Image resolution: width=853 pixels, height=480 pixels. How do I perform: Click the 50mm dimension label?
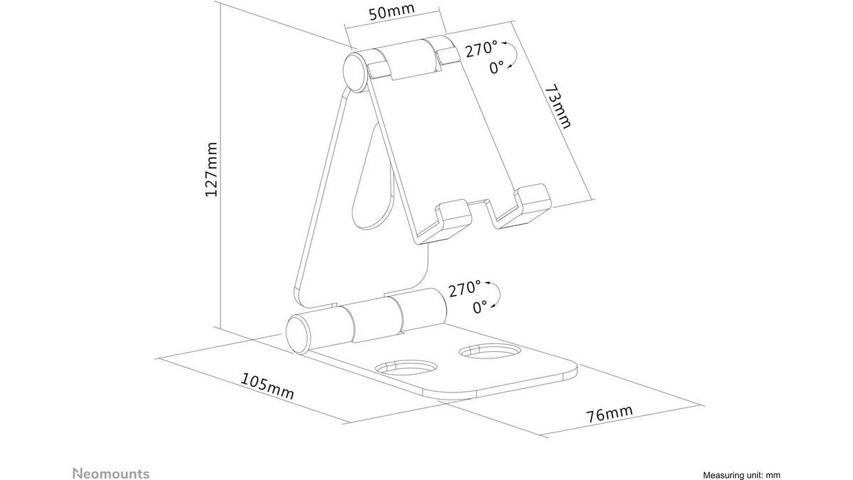(392, 12)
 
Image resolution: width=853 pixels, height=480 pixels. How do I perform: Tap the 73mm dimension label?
(559, 107)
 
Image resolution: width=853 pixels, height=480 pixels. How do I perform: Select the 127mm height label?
(211, 169)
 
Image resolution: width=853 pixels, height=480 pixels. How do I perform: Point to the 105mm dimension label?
(267, 386)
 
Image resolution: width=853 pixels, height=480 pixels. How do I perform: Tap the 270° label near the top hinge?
(481, 50)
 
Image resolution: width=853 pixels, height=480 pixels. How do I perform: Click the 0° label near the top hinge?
(496, 68)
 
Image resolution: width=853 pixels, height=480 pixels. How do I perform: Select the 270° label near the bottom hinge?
(465, 289)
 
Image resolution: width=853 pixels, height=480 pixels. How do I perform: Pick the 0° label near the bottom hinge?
(480, 306)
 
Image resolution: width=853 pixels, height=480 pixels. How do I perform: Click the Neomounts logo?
(111, 474)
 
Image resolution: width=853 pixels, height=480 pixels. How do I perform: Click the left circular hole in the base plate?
(407, 367)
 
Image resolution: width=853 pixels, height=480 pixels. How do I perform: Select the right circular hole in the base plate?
(490, 351)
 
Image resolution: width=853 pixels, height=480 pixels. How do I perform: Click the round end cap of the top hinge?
(355, 73)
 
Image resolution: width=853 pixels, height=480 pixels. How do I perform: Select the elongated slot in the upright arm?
(372, 176)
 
